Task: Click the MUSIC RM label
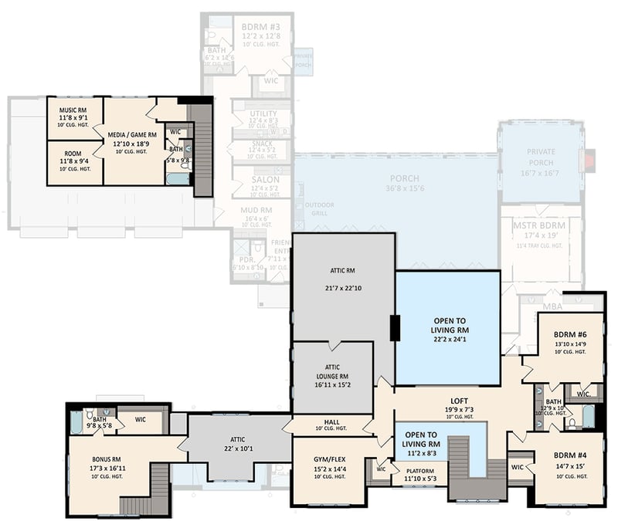76,110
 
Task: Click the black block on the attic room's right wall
394,329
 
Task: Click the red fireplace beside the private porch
591,161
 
